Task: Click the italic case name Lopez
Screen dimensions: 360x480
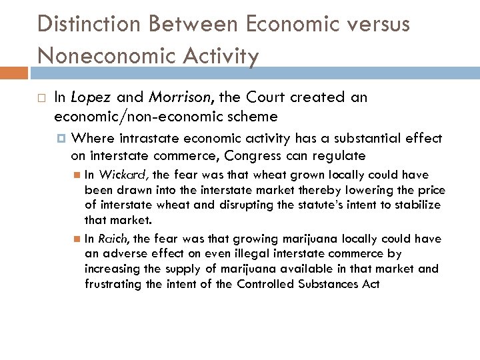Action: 91,98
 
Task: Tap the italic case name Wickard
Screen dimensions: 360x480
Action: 126,175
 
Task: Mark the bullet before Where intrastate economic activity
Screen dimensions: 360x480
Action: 62,139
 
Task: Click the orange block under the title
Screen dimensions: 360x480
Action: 14,73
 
